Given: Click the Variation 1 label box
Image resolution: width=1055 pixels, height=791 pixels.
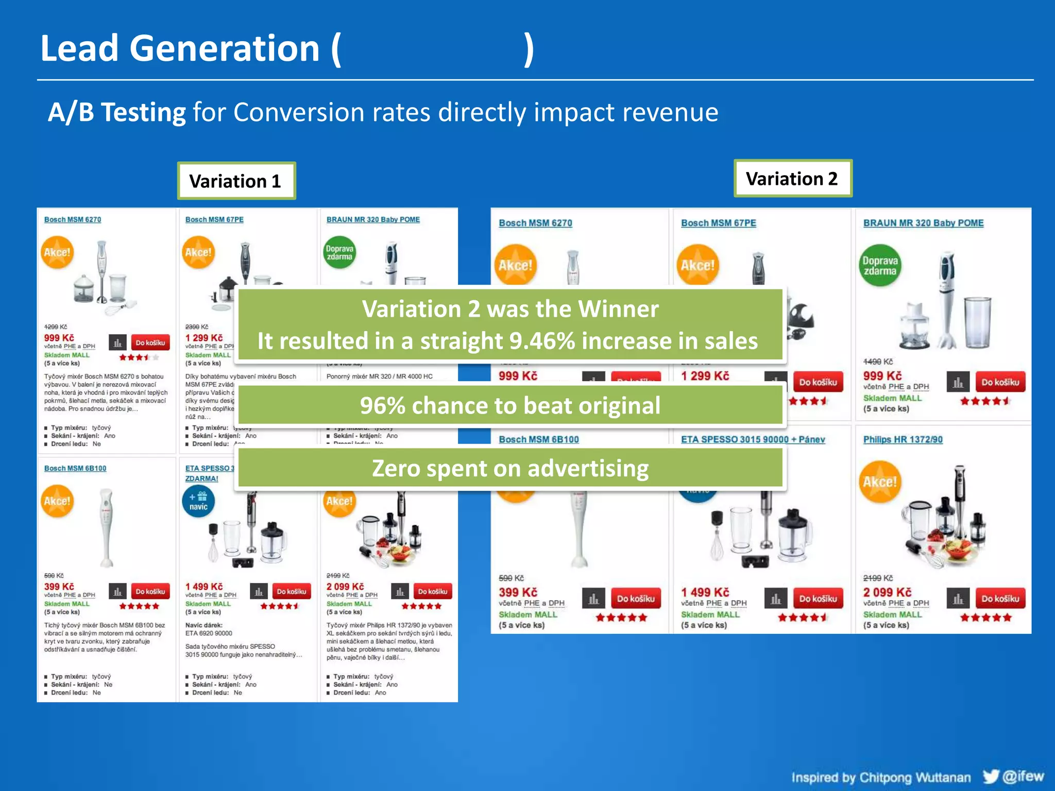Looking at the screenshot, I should tap(236, 181).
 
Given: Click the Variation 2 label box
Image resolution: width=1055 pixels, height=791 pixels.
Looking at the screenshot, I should tap(792, 179).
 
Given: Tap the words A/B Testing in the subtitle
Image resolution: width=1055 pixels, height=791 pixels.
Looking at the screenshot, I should tap(116, 112).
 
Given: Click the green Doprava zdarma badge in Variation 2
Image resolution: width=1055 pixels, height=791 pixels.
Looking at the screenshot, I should tap(880, 266).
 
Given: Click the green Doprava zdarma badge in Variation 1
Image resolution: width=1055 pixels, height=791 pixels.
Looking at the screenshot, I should tap(339, 252).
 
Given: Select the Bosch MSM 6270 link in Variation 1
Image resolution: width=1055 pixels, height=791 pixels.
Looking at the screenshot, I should tap(73, 219).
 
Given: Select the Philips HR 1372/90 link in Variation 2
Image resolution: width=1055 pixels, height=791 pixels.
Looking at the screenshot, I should tap(903, 439).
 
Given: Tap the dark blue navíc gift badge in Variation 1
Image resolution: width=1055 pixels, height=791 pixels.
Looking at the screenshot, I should tap(198, 501).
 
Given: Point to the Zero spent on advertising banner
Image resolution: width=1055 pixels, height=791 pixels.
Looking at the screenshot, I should tap(510, 468).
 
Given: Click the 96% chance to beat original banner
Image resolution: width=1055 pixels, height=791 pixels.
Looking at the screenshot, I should tap(510, 405).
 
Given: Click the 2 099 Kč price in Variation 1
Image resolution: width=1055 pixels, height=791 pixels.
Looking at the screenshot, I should tap(345, 587).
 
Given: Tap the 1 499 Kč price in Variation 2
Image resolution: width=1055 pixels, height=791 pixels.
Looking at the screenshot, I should tap(705, 592).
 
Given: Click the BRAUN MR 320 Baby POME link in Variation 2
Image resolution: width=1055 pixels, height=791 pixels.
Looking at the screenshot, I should tap(923, 223).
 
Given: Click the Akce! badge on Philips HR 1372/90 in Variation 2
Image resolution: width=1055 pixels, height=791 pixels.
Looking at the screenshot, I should tap(880, 483).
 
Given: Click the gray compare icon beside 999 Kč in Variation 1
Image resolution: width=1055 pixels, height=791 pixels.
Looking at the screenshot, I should tap(117, 342).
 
